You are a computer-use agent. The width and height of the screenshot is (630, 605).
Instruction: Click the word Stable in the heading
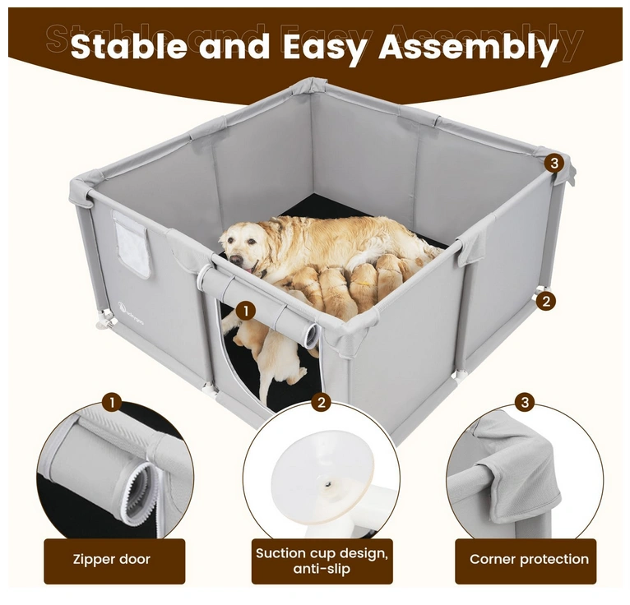tap(128, 46)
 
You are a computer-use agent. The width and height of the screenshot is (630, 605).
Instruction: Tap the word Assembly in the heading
tap(469, 48)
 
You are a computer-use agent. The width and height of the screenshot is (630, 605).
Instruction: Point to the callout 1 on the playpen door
tap(246, 312)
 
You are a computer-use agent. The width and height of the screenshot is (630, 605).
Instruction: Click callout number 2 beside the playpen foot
tap(545, 301)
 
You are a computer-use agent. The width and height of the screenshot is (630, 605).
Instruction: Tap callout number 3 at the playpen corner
tap(554, 164)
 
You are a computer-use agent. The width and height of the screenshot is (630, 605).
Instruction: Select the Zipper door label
tap(112, 559)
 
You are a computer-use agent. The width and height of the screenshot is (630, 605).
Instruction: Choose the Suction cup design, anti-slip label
tap(322, 561)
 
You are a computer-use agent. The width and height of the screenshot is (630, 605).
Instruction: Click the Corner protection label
tap(529, 559)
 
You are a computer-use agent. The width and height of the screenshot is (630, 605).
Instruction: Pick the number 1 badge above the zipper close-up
tap(112, 402)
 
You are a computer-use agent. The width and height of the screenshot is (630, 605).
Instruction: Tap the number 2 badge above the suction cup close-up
tap(321, 402)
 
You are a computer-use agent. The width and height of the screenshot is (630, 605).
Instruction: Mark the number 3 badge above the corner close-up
tap(525, 402)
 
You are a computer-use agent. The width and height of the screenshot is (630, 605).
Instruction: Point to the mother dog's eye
tap(251, 242)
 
